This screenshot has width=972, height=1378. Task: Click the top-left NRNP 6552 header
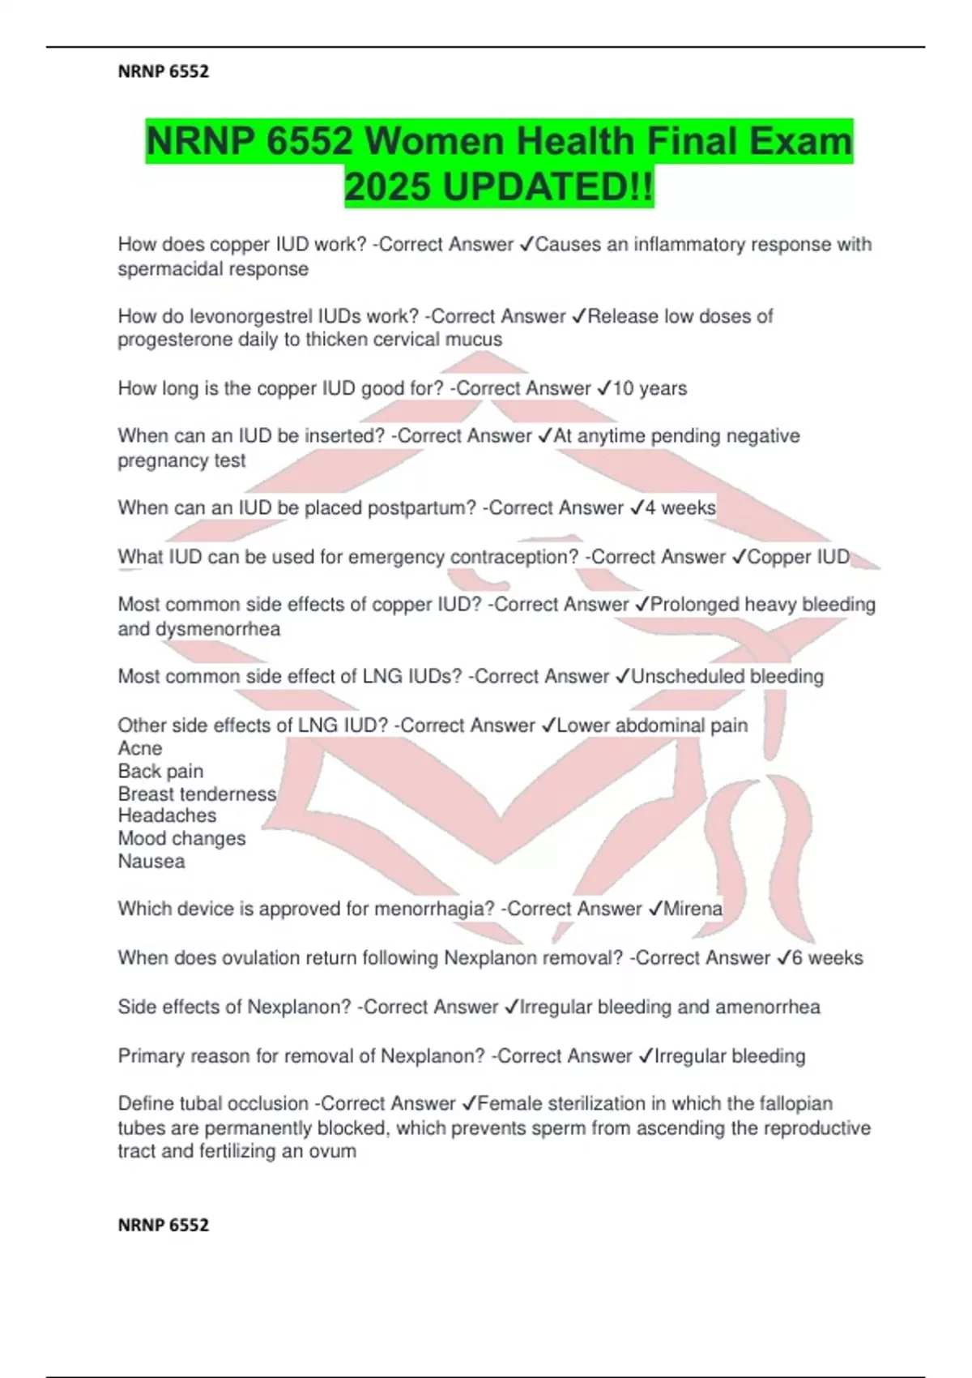pyautogui.click(x=164, y=72)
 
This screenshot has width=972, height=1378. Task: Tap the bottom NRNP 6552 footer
pyautogui.click(x=164, y=1225)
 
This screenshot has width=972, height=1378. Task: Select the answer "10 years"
pyautogui.click(x=650, y=388)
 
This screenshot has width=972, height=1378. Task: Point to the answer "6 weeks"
pyautogui.click(x=827, y=958)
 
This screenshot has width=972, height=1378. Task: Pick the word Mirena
pyautogui.click(x=693, y=909)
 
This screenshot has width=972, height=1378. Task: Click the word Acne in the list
pyautogui.click(x=140, y=748)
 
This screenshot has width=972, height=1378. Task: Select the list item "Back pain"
pyautogui.click(x=160, y=771)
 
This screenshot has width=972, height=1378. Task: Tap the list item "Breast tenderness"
pyautogui.click(x=197, y=794)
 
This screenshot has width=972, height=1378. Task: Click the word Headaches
pyautogui.click(x=167, y=815)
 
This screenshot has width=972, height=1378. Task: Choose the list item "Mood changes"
pyautogui.click(x=181, y=838)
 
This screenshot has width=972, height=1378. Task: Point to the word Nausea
pyautogui.click(x=151, y=861)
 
